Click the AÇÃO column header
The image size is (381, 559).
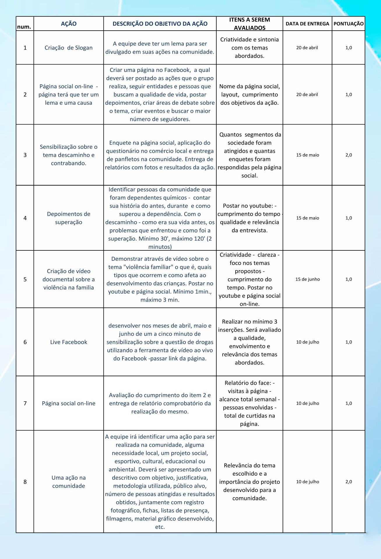pos(69,24)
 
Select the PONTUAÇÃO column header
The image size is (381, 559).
pos(348,24)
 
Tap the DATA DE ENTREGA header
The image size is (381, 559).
pos(307,24)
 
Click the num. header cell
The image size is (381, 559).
pos(24,27)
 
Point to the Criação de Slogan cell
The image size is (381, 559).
pos(69,48)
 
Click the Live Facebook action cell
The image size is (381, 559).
pos(69,342)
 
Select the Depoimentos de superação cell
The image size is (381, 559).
pos(69,218)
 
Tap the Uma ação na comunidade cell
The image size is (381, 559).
pos(69,482)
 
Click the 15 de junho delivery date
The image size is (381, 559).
pos(308,279)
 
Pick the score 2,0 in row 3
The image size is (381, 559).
pos(349,155)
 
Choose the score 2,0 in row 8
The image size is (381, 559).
pos(349,482)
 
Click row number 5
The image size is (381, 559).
pos(25,279)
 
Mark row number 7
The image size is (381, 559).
pos(25,403)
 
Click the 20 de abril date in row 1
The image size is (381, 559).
pos(307,48)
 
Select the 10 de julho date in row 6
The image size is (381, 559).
pos(308,342)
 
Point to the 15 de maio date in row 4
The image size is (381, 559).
pos(308,218)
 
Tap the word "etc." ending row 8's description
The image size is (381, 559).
pos(160,527)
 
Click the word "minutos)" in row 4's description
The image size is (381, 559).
pos(160,247)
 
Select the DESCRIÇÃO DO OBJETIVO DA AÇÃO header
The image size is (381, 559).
pos(160,24)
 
